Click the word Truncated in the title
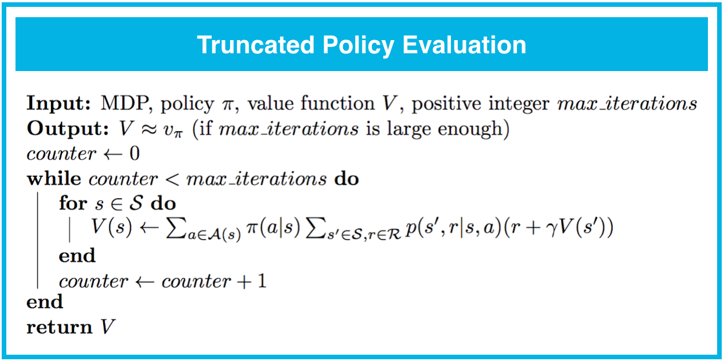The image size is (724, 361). coord(256,45)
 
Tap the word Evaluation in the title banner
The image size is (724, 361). coord(464,45)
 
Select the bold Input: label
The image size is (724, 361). coord(59,104)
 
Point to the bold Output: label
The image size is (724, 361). coord(67,129)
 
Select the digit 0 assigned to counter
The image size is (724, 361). coord(134,154)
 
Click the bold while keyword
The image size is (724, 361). coord(54,179)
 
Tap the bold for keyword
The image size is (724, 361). coord(73,203)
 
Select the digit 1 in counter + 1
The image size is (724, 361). coord(262,281)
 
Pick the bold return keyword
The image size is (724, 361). coord(60,327)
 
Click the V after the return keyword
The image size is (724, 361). coord(108,327)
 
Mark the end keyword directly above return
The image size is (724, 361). coord(45,301)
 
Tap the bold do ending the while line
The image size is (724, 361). coord(347,179)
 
